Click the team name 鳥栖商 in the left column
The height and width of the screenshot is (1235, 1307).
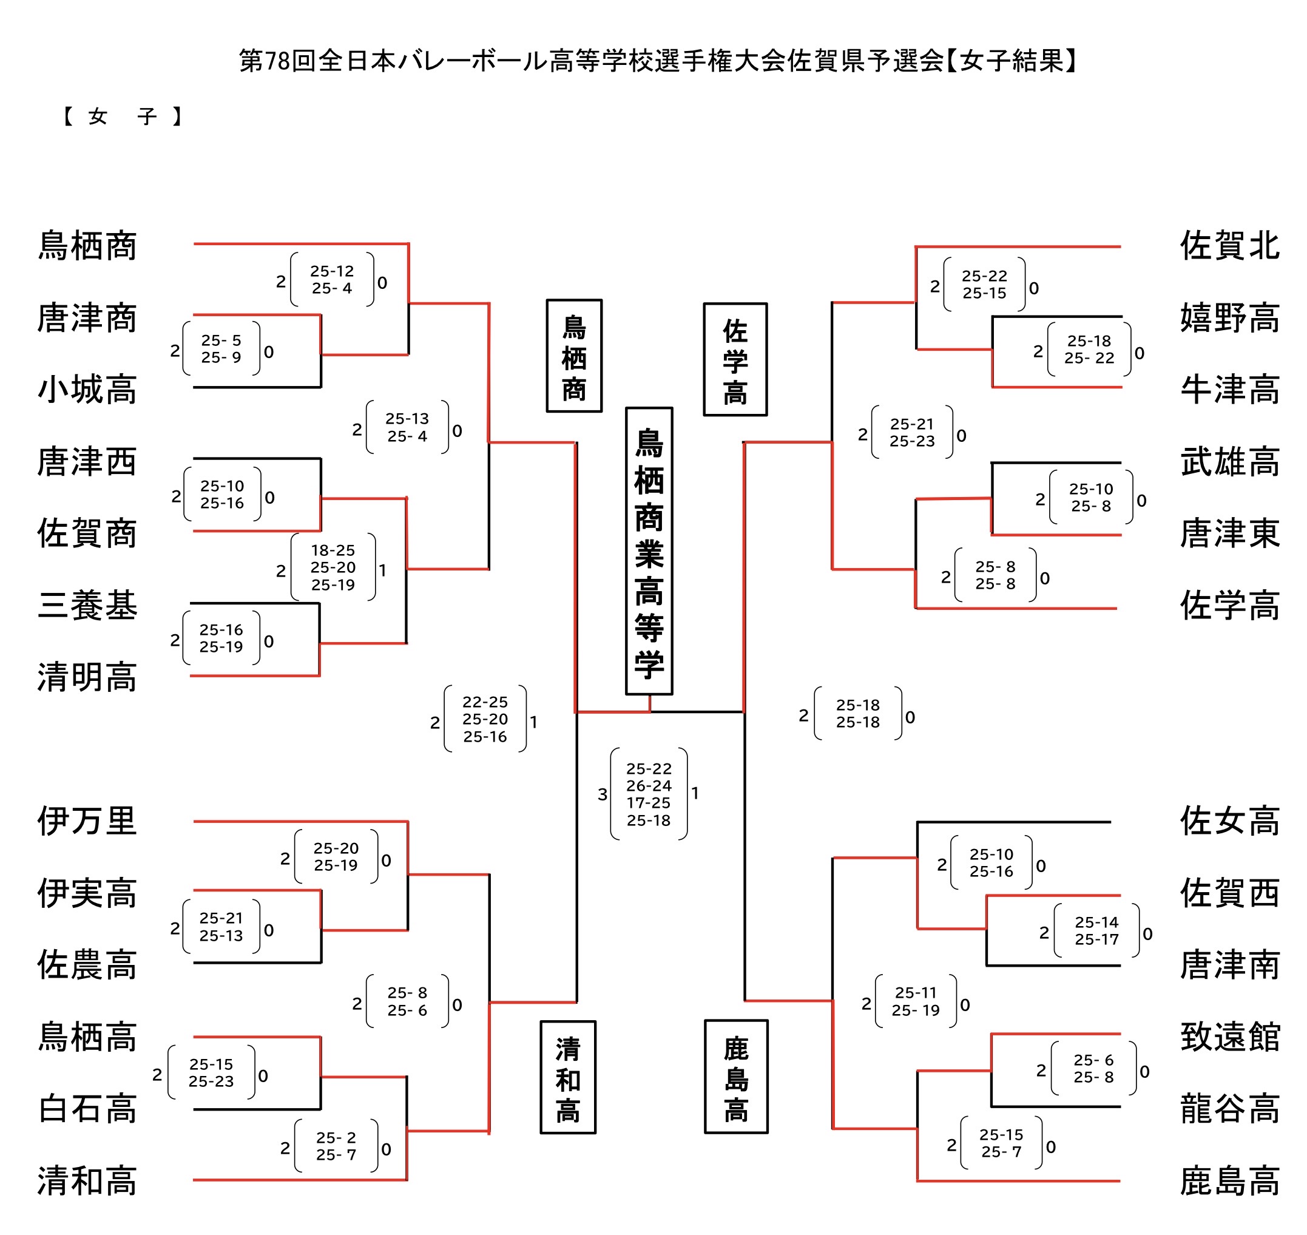[x=87, y=246]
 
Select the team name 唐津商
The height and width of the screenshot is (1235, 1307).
[x=87, y=318]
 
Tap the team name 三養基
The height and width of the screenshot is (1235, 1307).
[x=87, y=605]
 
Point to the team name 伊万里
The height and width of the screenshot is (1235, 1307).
[x=87, y=821]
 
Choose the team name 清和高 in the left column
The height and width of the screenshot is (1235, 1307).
[x=87, y=1180]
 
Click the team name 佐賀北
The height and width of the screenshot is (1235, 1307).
[x=1229, y=246]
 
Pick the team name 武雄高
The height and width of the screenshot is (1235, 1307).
[x=1229, y=461]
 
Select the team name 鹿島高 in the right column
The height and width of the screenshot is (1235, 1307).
[x=1229, y=1180]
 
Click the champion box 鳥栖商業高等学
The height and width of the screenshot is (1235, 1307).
[x=648, y=551]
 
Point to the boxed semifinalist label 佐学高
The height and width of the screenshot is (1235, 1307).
[x=735, y=359]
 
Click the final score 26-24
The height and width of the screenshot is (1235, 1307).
[x=648, y=785]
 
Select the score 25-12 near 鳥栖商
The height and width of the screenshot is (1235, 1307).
[x=332, y=271]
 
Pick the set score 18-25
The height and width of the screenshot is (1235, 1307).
[x=333, y=550]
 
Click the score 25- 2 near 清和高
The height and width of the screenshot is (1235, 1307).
[x=336, y=1137]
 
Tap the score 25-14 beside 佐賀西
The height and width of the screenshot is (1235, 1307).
[x=1096, y=922]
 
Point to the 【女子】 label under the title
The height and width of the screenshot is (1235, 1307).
[x=123, y=117]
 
